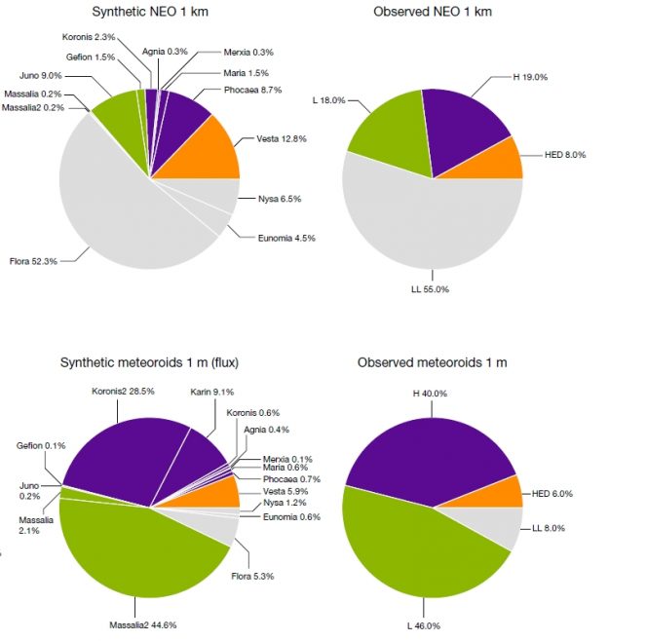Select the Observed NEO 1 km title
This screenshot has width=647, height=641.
(433, 12)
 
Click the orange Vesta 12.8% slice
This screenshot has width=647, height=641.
(208, 157)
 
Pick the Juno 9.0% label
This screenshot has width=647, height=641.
(40, 74)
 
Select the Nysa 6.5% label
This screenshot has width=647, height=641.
(279, 199)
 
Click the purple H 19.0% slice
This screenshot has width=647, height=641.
(466, 127)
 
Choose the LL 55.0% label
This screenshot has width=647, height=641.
(430, 289)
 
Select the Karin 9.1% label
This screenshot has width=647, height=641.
(211, 393)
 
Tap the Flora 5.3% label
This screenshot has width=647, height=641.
(253, 577)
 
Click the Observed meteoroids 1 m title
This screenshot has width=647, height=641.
(432, 362)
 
